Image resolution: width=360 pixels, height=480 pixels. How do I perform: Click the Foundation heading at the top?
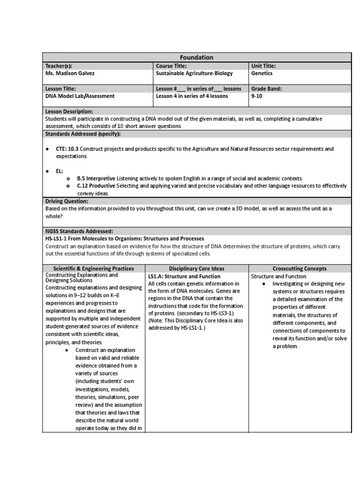point(197,57)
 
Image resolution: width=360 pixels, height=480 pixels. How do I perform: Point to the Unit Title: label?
point(263,66)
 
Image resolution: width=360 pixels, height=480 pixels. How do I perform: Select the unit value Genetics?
point(262,74)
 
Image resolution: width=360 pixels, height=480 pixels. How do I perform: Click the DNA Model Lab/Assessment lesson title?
point(80,96)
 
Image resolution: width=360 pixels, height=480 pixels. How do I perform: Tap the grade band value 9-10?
point(257,96)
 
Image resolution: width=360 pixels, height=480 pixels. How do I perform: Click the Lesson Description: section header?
point(69,112)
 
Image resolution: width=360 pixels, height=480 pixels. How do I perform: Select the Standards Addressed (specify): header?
point(82,134)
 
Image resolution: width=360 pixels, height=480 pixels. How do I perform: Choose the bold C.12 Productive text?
point(96,186)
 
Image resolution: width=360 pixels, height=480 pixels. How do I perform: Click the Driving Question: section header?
point(66,201)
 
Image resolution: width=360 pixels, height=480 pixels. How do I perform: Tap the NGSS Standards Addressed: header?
point(79,231)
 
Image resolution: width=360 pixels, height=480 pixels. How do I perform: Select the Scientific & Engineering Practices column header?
point(94,269)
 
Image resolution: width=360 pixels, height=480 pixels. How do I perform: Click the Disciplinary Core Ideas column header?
point(197,269)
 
